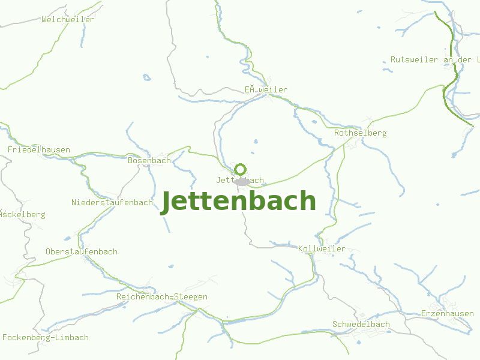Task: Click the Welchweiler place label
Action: (68, 20)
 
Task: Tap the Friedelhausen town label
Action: (39, 149)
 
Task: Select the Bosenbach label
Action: (149, 160)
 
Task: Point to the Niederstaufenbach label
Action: (112, 202)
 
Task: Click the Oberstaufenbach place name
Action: (82, 251)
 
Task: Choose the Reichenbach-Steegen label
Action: (162, 296)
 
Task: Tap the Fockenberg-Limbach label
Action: (46, 337)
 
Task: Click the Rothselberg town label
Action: (360, 133)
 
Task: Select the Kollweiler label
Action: (322, 248)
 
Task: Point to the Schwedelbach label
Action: (361, 324)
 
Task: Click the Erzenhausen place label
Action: (447, 313)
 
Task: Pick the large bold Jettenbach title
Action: (238, 201)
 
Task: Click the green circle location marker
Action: (241, 169)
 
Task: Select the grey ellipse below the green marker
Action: (242, 181)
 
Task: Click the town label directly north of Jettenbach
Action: (266, 89)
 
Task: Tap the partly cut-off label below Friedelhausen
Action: (23, 214)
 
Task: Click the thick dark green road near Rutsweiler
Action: (454, 66)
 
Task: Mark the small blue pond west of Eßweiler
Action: (146, 77)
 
